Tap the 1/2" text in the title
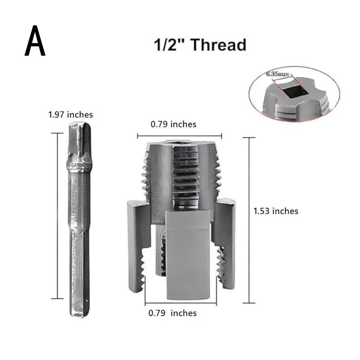click(x=169, y=45)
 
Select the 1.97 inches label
click(x=71, y=115)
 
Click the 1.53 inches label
click(x=276, y=211)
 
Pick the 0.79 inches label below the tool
click(x=172, y=313)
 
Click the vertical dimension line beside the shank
click(x=57, y=216)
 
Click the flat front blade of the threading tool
click(x=188, y=254)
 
